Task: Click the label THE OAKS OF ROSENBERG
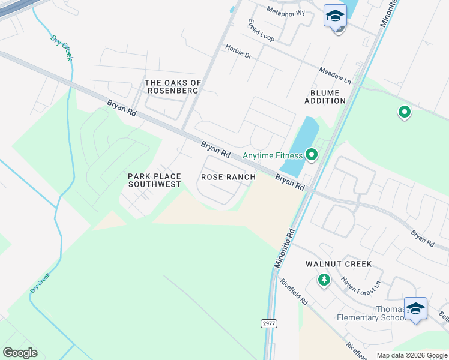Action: pyautogui.click(x=173, y=86)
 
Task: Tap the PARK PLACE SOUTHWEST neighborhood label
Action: pyautogui.click(x=154, y=180)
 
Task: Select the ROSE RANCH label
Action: pyautogui.click(x=228, y=177)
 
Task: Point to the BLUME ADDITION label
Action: pyautogui.click(x=325, y=97)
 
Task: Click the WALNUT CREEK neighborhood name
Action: pyautogui.click(x=338, y=264)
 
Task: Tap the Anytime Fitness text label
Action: pyautogui.click(x=272, y=155)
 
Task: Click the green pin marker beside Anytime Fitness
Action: pyautogui.click(x=311, y=155)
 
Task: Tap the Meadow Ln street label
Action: pyautogui.click(x=335, y=74)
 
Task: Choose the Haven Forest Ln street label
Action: pyautogui.click(x=361, y=283)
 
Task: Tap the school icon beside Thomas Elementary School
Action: pyautogui.click(x=415, y=308)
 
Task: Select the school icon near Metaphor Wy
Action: pyautogui.click(x=335, y=16)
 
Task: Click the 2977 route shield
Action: pyautogui.click(x=269, y=323)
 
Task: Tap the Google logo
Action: pyautogui.click(x=20, y=353)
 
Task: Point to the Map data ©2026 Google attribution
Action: pyautogui.click(x=411, y=355)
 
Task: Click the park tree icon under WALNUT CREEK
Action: pyautogui.click(x=324, y=280)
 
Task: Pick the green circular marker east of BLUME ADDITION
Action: pyautogui.click(x=405, y=112)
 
